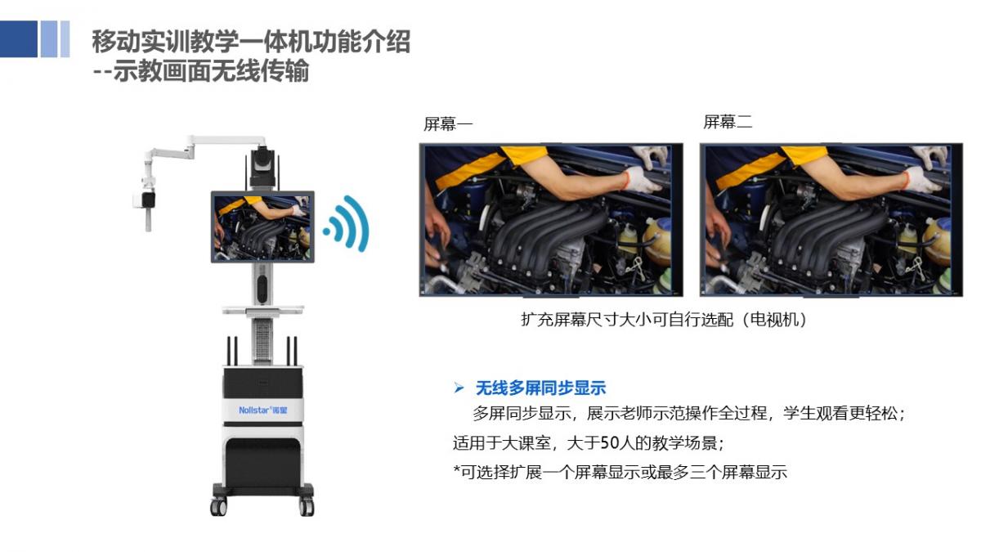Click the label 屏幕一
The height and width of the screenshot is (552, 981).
click(448, 124)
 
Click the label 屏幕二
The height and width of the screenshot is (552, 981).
click(728, 122)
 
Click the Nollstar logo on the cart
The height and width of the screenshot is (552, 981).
click(262, 410)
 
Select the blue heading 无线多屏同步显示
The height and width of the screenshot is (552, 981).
click(541, 388)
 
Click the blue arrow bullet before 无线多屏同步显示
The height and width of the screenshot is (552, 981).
click(459, 388)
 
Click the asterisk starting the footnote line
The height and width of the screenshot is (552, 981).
click(457, 469)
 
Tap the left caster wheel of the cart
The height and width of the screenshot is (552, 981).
click(218, 507)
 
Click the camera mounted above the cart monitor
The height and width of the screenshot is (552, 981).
click(262, 168)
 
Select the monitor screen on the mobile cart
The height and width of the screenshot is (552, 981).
click(262, 227)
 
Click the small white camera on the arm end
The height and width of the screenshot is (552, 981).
click(145, 200)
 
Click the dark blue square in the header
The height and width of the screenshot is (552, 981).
click(18, 39)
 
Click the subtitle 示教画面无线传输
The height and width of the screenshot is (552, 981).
click(211, 71)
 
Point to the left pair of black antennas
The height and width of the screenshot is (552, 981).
click(232, 351)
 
